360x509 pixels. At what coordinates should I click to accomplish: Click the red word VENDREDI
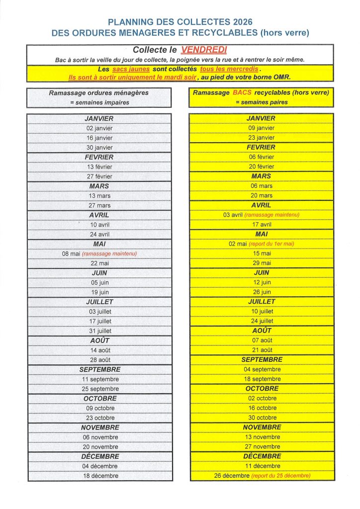[204, 50]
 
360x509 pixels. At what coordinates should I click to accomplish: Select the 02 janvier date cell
[100, 128]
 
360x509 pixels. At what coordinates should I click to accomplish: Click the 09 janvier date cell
[261, 128]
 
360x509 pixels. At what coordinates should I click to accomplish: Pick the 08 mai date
[71, 254]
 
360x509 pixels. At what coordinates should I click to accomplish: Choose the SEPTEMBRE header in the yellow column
[262, 359]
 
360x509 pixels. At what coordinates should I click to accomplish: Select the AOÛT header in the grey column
[99, 340]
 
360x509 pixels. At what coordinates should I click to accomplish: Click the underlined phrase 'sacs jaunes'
[131, 69]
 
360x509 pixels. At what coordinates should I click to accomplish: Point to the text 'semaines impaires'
[102, 102]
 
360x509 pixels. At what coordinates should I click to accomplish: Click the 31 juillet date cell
[100, 331]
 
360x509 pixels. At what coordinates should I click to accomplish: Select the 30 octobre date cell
[261, 418]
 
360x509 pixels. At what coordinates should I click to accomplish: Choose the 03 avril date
[233, 215]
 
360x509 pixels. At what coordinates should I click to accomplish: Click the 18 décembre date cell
[100, 476]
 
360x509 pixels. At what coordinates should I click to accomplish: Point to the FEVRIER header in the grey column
[99, 157]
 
